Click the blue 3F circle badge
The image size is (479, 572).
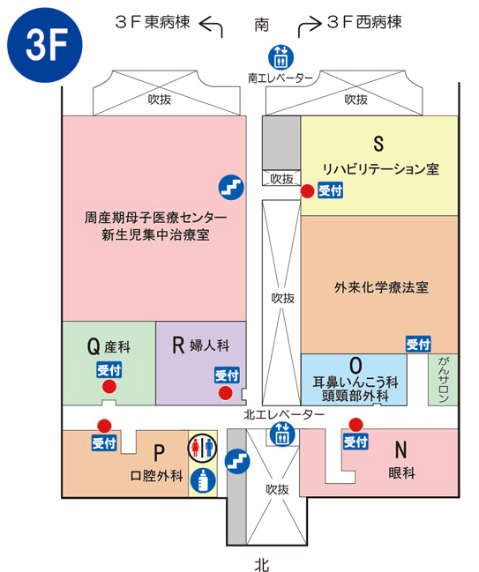(x=44, y=45)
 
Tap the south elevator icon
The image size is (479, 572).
(x=281, y=56)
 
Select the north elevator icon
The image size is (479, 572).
(x=282, y=434)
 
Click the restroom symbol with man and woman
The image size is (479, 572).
(x=202, y=448)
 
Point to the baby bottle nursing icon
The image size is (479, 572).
(x=203, y=480)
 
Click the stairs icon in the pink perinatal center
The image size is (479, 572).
(x=231, y=187)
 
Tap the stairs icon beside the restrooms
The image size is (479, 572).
(x=237, y=462)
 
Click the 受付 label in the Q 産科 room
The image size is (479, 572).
(x=109, y=370)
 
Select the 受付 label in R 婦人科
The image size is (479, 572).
(x=227, y=375)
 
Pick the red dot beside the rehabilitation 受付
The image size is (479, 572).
(x=307, y=190)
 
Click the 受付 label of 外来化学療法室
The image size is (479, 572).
(x=418, y=344)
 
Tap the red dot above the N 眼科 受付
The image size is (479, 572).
(x=356, y=425)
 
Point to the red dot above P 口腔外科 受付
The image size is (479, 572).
(x=104, y=426)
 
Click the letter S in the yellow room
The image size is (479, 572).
(x=378, y=144)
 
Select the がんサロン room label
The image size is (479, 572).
(x=443, y=379)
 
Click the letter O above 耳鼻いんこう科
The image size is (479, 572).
(x=356, y=366)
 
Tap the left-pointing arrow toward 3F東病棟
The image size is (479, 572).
(x=211, y=26)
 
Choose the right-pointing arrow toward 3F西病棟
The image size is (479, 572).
(x=310, y=26)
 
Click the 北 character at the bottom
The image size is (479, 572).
(x=261, y=564)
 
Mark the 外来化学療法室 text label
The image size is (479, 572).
(x=381, y=287)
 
